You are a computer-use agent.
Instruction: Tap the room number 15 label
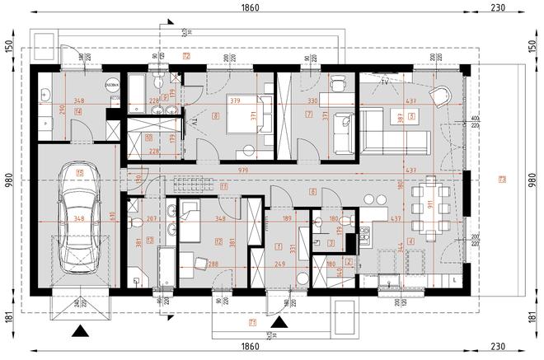(x=79, y=173)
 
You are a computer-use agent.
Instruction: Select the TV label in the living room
(x=385, y=83)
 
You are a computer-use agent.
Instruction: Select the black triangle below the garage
(x=79, y=333)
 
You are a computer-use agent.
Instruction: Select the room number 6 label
(x=313, y=191)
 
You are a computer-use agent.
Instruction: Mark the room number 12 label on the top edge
(x=187, y=57)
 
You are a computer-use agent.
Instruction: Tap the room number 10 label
(x=149, y=137)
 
